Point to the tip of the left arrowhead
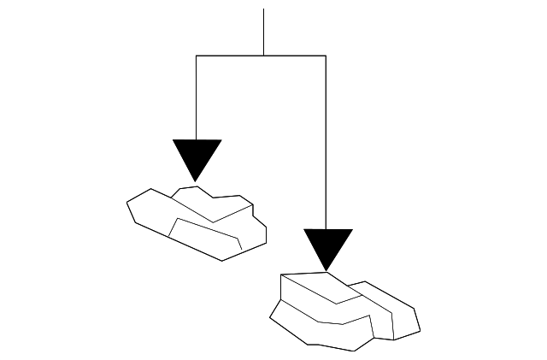[197, 180]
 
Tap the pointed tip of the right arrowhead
[327, 271]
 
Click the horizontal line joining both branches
[231, 56]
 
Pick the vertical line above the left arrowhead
[197, 98]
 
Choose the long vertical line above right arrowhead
[326, 141]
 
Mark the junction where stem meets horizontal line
[263, 56]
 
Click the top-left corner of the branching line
[197, 56]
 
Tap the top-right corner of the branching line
[326, 56]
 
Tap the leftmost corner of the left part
[127, 204]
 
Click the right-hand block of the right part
[393, 312]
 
